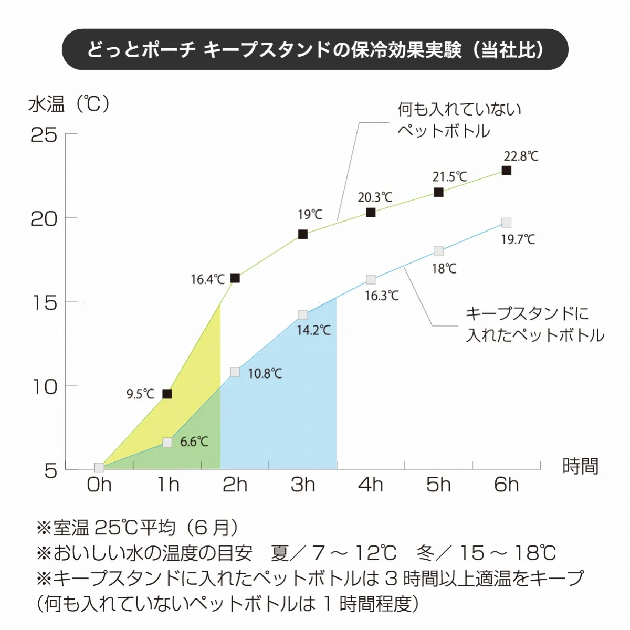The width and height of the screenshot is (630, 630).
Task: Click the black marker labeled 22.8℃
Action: click(506, 170)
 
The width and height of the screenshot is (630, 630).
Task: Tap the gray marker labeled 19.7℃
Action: click(506, 223)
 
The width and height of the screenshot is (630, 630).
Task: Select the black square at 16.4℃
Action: click(235, 278)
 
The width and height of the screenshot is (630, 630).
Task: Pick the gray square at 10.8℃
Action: click(235, 372)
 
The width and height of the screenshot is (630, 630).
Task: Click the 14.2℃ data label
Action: click(313, 330)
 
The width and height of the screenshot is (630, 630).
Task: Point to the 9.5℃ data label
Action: click(140, 394)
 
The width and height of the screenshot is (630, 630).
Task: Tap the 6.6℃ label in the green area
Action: click(194, 442)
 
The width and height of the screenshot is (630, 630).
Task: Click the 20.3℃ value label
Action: click(375, 197)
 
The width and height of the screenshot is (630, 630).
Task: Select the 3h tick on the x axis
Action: click(303, 485)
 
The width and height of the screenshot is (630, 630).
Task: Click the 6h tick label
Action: click(506, 485)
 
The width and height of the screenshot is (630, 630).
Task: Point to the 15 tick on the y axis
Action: click(45, 303)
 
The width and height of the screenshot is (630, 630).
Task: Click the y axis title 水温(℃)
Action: click(69, 104)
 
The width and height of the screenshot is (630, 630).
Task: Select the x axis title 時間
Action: click(580, 466)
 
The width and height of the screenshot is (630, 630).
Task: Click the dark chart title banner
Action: click(315, 50)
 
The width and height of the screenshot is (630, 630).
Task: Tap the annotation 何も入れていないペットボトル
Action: click(458, 120)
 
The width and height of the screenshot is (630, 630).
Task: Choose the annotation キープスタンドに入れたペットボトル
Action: click(534, 324)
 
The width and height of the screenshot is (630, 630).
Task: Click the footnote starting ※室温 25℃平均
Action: click(138, 527)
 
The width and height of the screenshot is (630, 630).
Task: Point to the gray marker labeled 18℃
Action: click(438, 251)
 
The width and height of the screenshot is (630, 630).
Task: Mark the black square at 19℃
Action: click(303, 234)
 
